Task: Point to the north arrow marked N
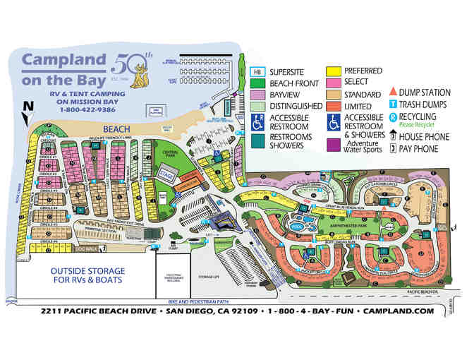(x=28, y=108)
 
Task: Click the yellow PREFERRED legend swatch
(x=333, y=71)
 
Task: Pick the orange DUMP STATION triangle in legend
(x=393, y=91)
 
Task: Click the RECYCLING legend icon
(x=393, y=117)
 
